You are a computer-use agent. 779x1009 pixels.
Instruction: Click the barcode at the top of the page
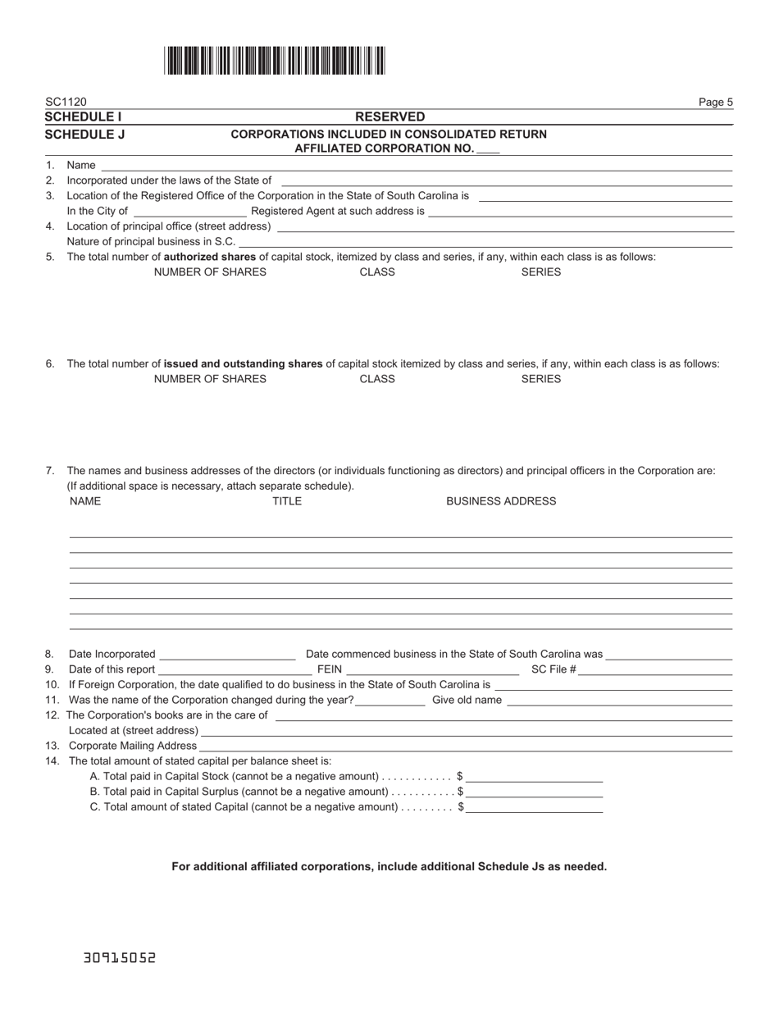(275, 62)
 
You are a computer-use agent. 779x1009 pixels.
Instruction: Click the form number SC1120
(66, 103)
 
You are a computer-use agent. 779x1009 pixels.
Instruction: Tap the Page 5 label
(715, 103)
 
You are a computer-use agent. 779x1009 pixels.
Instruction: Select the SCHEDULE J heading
(84, 134)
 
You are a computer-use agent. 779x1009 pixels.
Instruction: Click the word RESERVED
(389, 117)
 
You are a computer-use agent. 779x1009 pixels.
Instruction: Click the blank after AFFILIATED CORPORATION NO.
(488, 149)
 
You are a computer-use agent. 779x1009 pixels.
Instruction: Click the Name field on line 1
(416, 165)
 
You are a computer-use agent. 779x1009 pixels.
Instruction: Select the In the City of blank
(189, 211)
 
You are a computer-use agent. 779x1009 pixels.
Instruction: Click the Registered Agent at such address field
(580, 211)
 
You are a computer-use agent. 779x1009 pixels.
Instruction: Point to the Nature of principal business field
(485, 241)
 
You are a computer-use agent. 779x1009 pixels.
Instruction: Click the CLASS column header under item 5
(377, 272)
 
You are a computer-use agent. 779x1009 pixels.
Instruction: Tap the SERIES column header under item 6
(540, 379)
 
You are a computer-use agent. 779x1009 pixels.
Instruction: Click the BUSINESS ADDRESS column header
(500, 501)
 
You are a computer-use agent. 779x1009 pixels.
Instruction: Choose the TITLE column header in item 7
(287, 501)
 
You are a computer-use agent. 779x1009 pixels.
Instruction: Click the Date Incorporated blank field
(227, 654)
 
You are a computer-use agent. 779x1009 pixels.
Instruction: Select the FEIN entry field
(432, 669)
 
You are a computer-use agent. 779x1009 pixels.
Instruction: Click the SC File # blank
(655, 669)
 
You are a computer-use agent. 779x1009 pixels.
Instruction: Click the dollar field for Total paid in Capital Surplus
(535, 792)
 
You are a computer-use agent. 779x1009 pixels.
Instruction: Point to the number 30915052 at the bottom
(120, 957)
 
